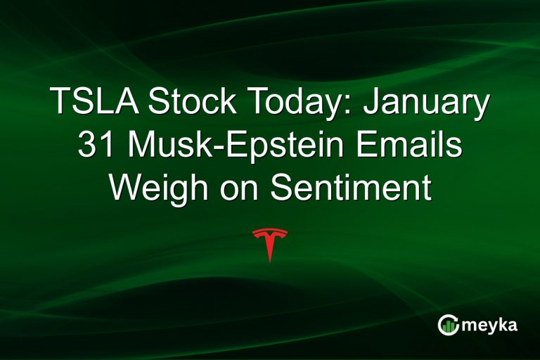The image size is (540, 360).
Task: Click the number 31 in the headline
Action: click(91, 146)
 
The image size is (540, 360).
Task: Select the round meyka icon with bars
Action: click(448, 325)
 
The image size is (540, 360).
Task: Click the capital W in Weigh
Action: click(126, 188)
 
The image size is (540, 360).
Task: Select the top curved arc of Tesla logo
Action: click(270, 231)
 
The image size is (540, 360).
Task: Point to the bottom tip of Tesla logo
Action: click(270, 262)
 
